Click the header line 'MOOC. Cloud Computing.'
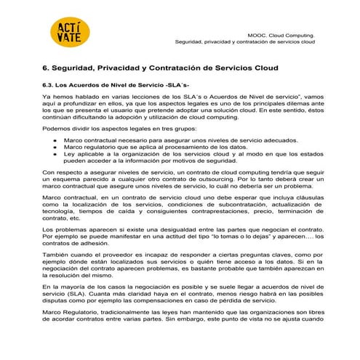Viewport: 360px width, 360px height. [281, 34]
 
